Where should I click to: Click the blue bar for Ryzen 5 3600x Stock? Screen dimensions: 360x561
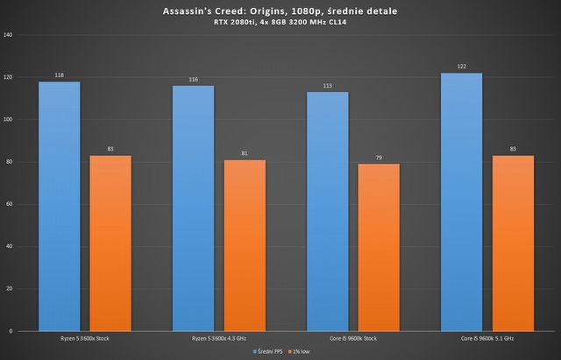tap(59, 207)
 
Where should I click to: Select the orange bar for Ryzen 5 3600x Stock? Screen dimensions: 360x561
tap(110, 244)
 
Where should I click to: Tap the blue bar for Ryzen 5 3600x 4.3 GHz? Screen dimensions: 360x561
tap(193, 208)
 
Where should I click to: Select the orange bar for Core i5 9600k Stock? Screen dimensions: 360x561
tap(379, 248)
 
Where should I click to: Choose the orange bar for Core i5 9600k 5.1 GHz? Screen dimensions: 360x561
tap(513, 244)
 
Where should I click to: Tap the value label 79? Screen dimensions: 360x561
tap(379, 158)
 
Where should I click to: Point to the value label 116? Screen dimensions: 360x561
tap(193, 80)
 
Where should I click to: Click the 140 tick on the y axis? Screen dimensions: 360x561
tap(9, 35)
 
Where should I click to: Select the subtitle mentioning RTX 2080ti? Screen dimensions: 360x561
tap(280, 22)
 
